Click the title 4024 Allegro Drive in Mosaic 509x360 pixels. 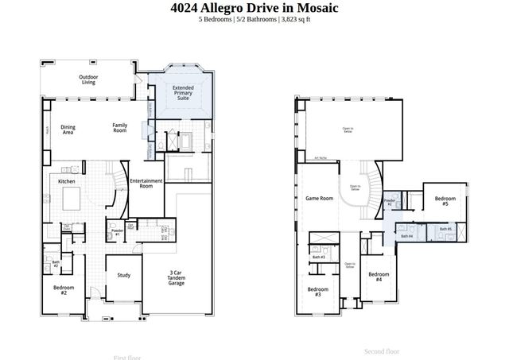[254, 8]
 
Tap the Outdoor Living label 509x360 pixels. [87, 79]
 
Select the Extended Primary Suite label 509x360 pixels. [183, 93]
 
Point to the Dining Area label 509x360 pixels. [68, 130]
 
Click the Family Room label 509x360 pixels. [119, 127]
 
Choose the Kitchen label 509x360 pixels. [67, 182]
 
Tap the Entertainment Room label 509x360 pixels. [146, 184]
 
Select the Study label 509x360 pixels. [123, 276]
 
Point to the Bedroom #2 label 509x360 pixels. [64, 290]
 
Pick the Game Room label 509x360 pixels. [319, 198]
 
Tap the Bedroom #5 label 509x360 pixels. [445, 201]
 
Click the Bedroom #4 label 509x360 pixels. [379, 277]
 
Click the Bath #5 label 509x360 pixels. [445, 230]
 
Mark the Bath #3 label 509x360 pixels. [318, 257]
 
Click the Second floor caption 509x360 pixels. [382, 351]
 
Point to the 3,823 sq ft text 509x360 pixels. [295, 20]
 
